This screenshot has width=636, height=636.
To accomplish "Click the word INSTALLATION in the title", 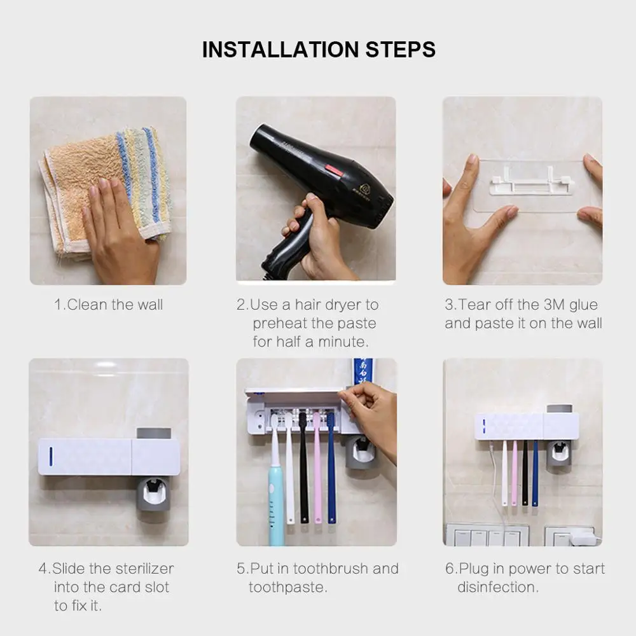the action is [280, 50].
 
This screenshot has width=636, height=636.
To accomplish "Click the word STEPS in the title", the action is [400, 50].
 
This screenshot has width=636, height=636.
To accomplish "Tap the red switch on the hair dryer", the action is [332, 170].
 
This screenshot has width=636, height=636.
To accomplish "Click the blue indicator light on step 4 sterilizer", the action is [51, 457].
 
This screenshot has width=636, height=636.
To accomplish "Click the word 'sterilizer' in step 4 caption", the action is [142, 569].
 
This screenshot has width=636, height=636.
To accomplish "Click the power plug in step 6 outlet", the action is [581, 537].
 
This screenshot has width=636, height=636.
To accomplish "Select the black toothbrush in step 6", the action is [525, 473].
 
